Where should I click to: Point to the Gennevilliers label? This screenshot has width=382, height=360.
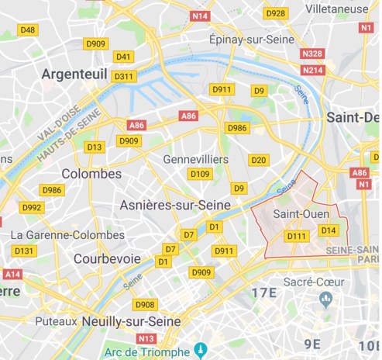[195, 158]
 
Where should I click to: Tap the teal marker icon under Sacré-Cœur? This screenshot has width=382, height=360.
[325, 298]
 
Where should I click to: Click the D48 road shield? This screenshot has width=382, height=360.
[27, 29]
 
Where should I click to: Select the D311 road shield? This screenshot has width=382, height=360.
[123, 76]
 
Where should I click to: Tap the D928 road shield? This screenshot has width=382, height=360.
[274, 13]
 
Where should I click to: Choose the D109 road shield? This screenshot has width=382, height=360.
[200, 174]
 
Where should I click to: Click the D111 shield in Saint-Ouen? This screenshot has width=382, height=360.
[297, 236]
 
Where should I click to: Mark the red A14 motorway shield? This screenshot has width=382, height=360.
[12, 274]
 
